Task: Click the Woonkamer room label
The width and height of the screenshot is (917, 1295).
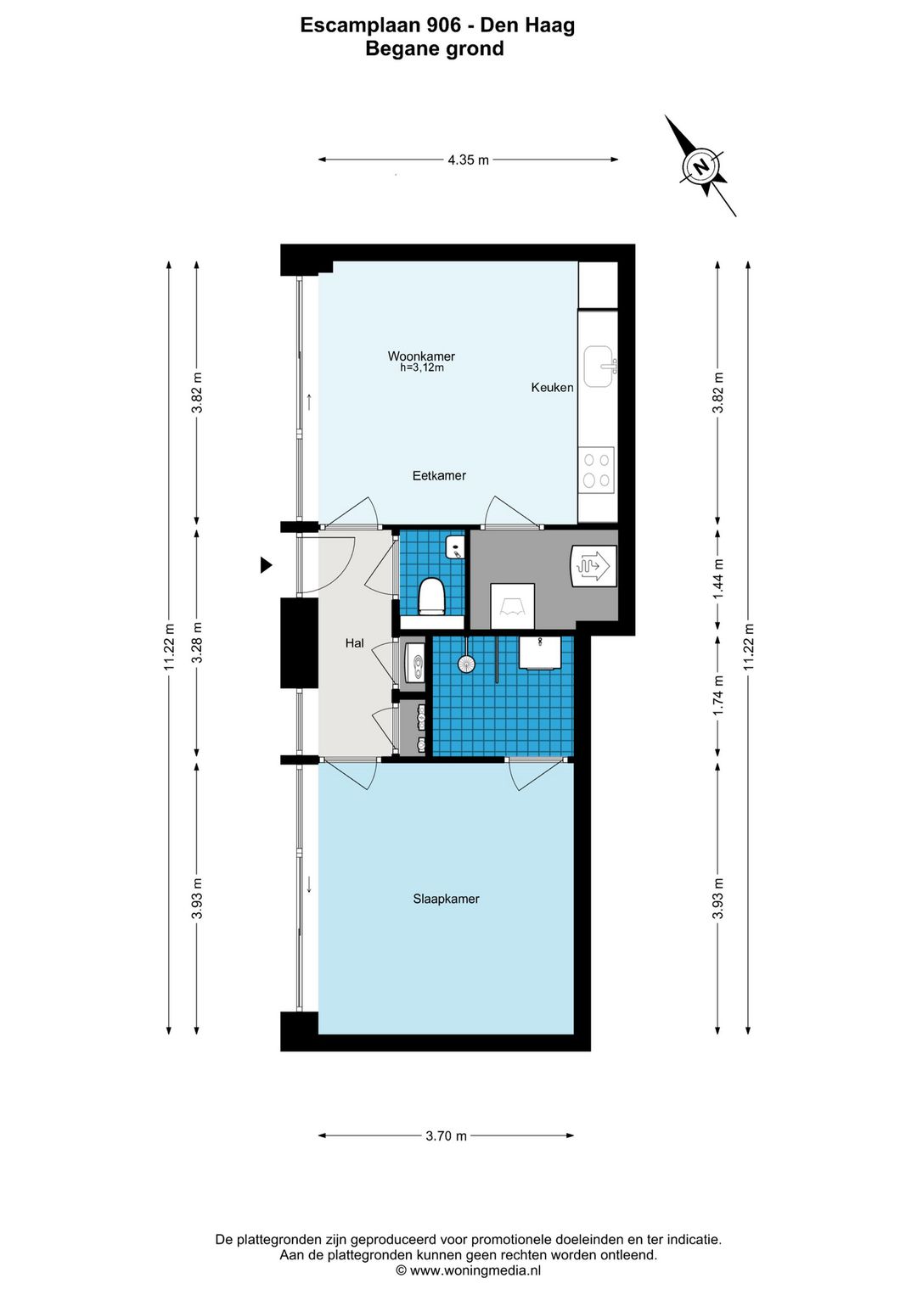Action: [x=421, y=356]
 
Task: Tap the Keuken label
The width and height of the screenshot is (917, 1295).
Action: [x=553, y=387]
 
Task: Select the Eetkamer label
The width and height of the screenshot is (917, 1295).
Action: [x=439, y=475]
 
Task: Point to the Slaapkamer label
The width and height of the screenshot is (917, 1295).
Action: [x=446, y=899]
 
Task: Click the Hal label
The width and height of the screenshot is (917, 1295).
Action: [x=354, y=642]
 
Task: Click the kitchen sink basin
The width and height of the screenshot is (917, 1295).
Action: [x=599, y=366]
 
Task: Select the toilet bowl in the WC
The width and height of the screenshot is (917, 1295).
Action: [x=431, y=596]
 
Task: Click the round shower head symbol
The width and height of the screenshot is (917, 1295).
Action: [x=466, y=664]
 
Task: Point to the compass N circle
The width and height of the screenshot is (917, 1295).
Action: [x=700, y=167]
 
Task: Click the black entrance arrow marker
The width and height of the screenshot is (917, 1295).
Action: [x=266, y=564]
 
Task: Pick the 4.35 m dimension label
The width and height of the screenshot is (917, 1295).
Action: [x=468, y=160]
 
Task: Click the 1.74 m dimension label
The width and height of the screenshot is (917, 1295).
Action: [x=718, y=696]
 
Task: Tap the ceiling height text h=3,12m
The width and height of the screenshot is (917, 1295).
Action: [x=422, y=367]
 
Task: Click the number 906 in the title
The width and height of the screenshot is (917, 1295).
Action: [x=444, y=25]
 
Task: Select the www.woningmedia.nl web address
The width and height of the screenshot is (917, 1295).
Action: [x=475, y=1270]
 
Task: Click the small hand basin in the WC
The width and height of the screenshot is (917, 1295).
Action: [x=455, y=547]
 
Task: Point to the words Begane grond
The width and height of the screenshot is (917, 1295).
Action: [x=435, y=48]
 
